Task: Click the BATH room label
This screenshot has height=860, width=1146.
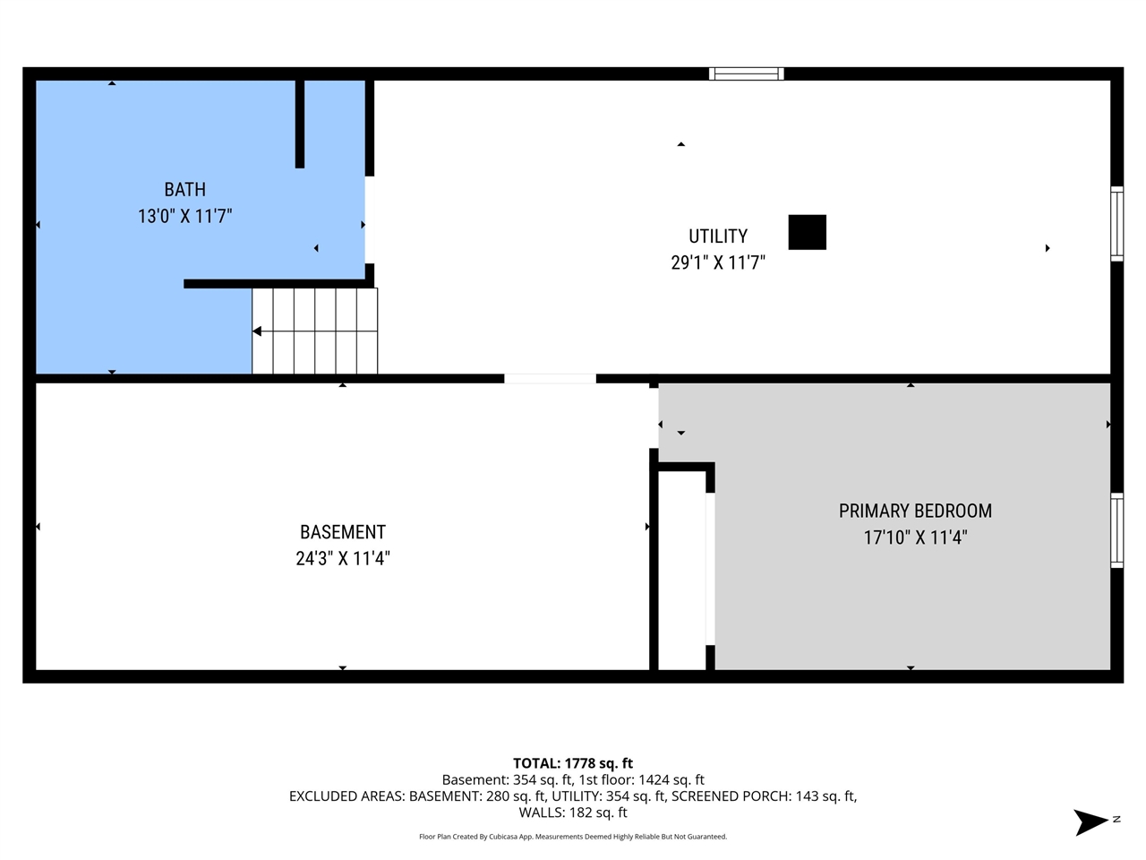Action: [184, 190]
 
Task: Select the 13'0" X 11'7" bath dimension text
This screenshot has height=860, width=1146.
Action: [184, 216]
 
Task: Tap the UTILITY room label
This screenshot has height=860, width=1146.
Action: [717, 236]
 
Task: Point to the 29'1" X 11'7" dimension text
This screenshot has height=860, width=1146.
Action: [717, 262]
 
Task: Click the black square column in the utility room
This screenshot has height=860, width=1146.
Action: [807, 232]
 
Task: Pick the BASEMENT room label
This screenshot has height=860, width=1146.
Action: [343, 532]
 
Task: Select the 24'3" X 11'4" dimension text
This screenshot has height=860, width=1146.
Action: [343, 558]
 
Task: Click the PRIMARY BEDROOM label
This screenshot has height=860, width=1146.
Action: [915, 511]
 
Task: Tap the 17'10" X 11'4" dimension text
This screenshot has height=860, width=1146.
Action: [915, 537]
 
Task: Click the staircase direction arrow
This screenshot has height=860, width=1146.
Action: [258, 331]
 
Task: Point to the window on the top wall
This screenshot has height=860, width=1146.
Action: [747, 74]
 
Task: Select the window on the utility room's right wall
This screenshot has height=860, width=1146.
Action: [1116, 223]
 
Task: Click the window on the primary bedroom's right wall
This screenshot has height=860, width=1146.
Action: [1116, 530]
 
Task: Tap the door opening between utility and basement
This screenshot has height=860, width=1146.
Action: [550, 379]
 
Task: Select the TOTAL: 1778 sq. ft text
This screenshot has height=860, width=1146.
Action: [573, 763]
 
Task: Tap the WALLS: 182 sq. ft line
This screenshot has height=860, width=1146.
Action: [573, 813]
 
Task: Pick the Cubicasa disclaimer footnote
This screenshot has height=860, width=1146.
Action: [573, 837]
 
